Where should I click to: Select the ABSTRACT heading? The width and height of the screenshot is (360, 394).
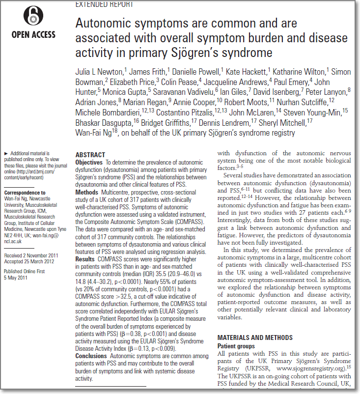point(90,154)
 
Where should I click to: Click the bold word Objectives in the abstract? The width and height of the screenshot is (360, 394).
point(89,162)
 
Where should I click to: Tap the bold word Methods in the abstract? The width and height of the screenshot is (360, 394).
point(87,192)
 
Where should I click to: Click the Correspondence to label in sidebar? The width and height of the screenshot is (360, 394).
point(25,193)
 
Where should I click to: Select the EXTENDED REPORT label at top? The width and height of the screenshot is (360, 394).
point(104,4)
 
